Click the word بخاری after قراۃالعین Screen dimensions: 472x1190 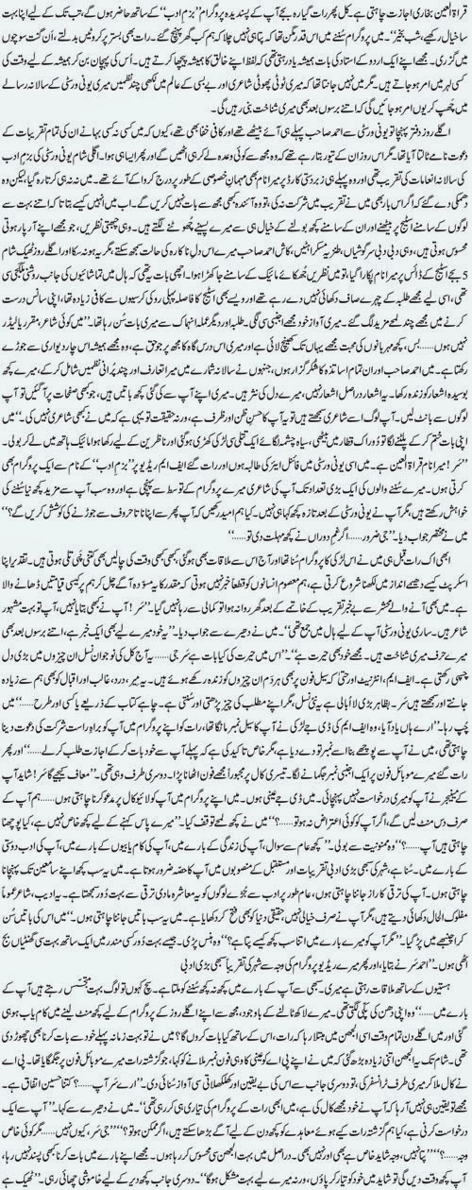[x=415, y=10]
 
